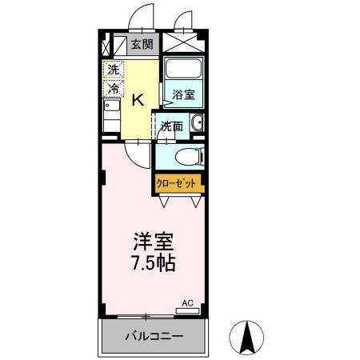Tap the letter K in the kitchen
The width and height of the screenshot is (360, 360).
(x=138, y=99)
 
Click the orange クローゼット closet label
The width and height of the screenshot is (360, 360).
(x=176, y=183)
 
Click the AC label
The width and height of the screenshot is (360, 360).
(x=188, y=302)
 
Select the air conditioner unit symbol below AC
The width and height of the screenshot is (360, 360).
(x=188, y=310)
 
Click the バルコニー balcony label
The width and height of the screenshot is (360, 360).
(x=153, y=337)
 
